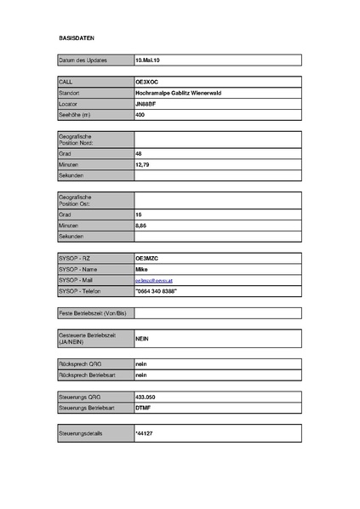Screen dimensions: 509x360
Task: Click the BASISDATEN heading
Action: tap(76, 39)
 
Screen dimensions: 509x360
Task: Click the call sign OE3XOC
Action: tap(147, 81)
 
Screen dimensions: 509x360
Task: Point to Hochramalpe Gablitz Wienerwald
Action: tap(178, 92)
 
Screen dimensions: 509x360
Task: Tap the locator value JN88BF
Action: tap(146, 103)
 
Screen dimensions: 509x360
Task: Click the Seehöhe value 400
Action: tap(140, 114)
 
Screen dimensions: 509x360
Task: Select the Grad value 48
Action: tap(139, 153)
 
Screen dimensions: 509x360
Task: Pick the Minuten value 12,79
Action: tap(143, 164)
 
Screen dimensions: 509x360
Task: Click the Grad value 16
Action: tap(139, 214)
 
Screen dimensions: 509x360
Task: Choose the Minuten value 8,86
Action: tap(141, 226)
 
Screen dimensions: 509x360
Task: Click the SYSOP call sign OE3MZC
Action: tap(148, 257)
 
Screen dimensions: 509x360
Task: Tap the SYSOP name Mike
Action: tap(142, 268)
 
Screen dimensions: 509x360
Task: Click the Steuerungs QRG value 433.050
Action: tap(146, 397)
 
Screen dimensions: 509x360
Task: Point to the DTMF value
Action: tap(144, 408)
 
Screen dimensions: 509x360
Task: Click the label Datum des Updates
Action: tap(83, 61)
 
